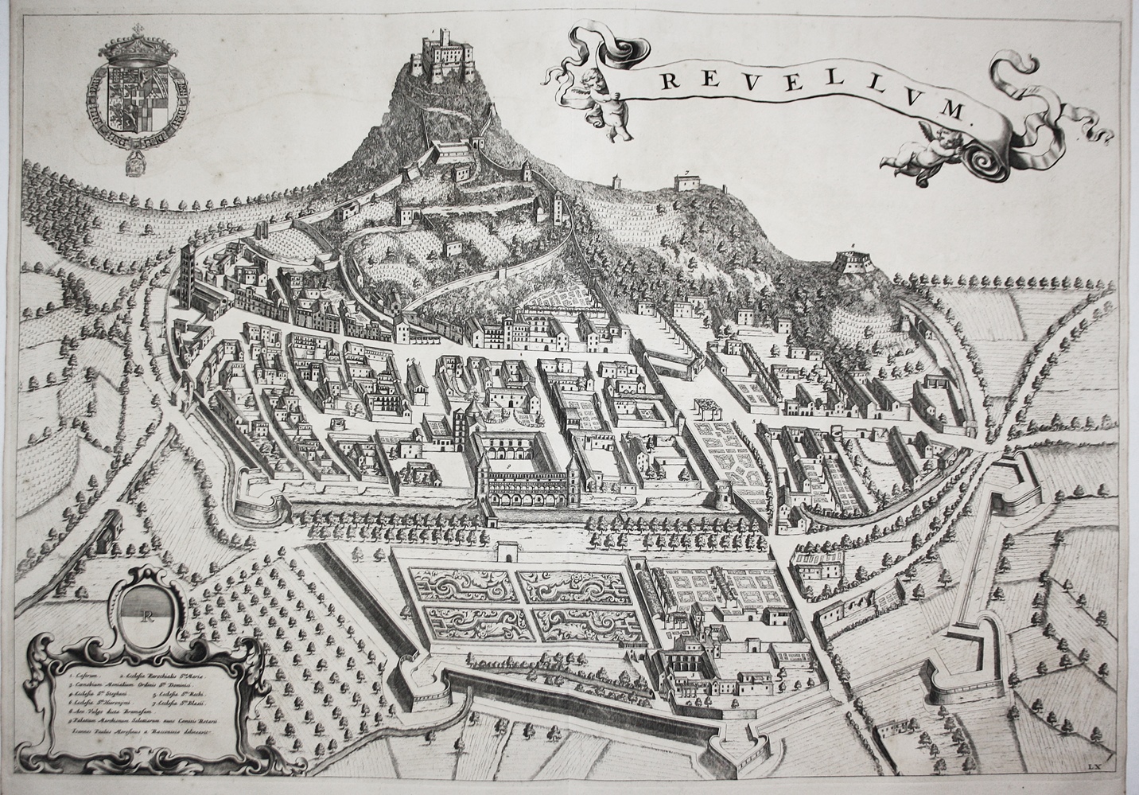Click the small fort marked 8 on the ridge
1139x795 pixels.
point(852,263)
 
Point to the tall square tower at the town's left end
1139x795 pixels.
point(189,271)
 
